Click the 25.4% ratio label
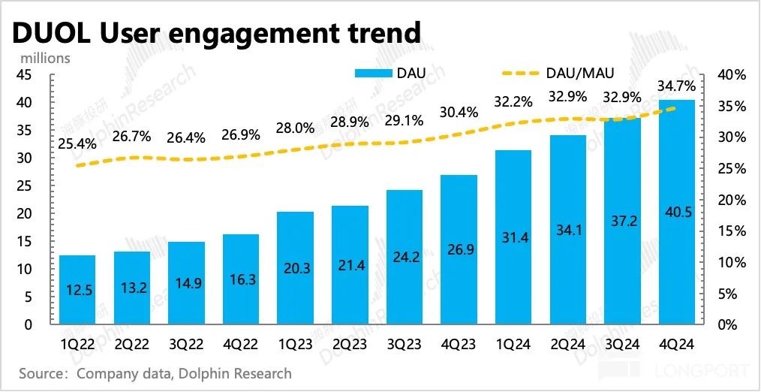click(76, 143)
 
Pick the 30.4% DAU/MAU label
click(459, 113)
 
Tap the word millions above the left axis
click(45, 57)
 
